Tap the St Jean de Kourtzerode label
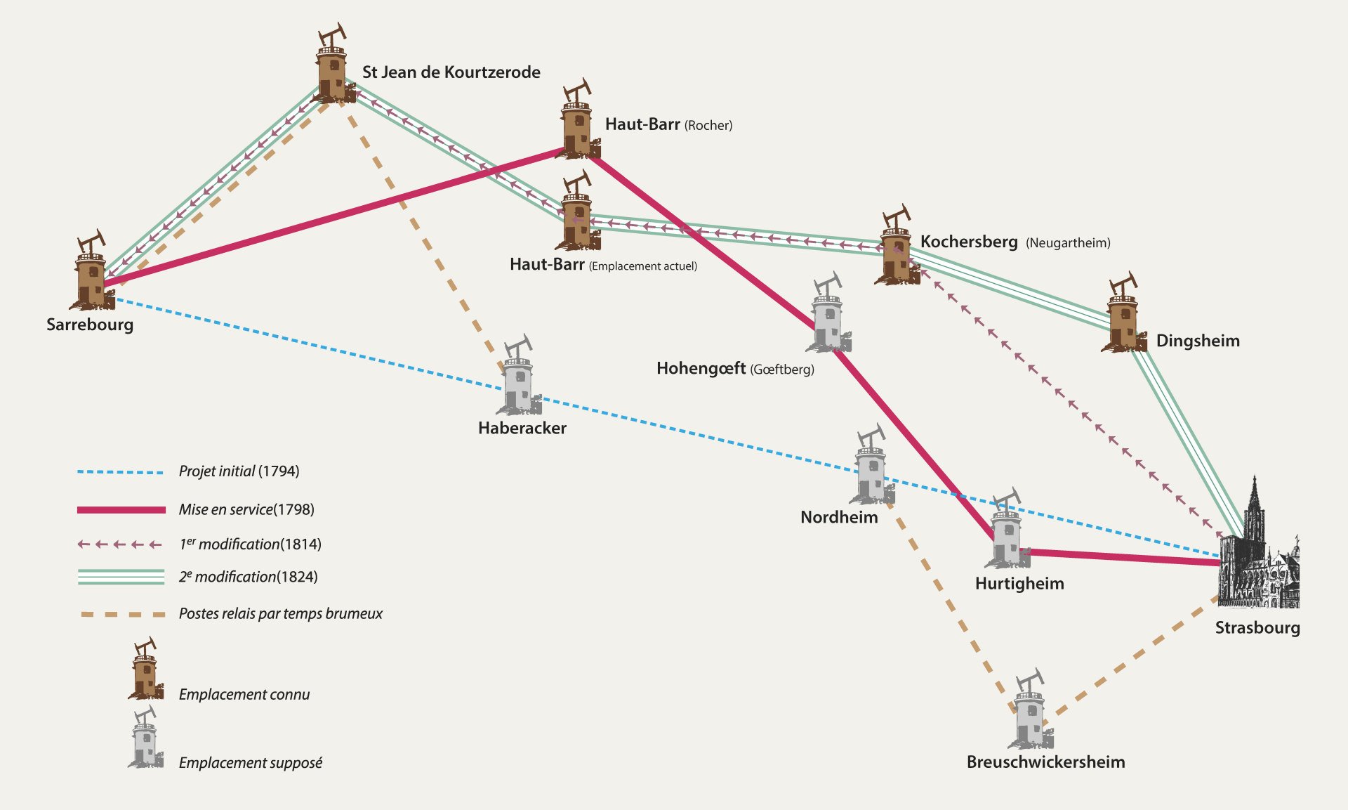[x=451, y=72]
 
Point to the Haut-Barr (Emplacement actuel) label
[x=603, y=265]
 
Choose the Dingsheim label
[x=1197, y=341]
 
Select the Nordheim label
[x=839, y=517]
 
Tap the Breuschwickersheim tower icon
[x=1031, y=711]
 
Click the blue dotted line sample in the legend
[x=121, y=472]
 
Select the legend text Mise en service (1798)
[x=246, y=509]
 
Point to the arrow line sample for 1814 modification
[x=121, y=544]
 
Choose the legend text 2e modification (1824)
[x=248, y=577]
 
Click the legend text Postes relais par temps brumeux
[x=281, y=613]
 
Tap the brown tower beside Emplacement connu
[x=145, y=670]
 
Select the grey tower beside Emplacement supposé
[x=145, y=739]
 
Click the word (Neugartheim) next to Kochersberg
[x=1068, y=243]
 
